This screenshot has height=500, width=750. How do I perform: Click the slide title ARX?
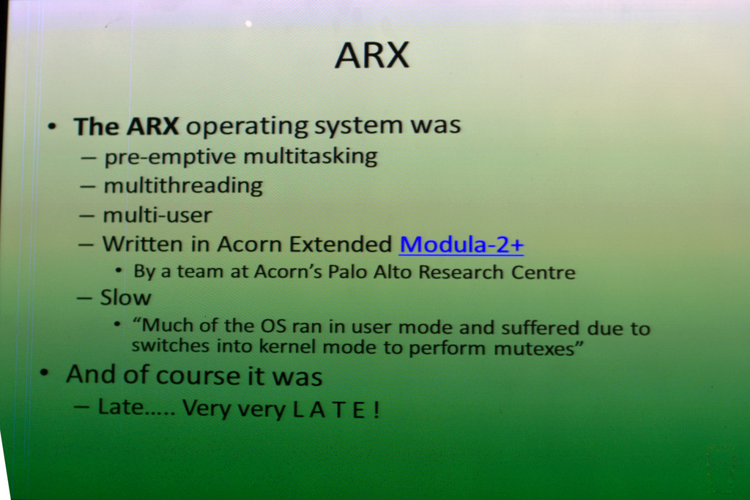point(372,56)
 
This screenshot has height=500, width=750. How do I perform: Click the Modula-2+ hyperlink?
point(461,245)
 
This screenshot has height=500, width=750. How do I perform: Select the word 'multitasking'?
point(311,157)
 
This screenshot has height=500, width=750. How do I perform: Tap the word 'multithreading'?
point(183,186)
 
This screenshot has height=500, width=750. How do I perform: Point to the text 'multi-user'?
point(157,215)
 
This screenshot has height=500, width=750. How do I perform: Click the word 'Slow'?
point(126,298)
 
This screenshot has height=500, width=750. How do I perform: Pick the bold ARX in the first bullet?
point(152,127)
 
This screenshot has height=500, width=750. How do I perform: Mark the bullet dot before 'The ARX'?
point(52,127)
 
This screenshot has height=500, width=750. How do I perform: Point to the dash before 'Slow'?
point(84,298)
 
